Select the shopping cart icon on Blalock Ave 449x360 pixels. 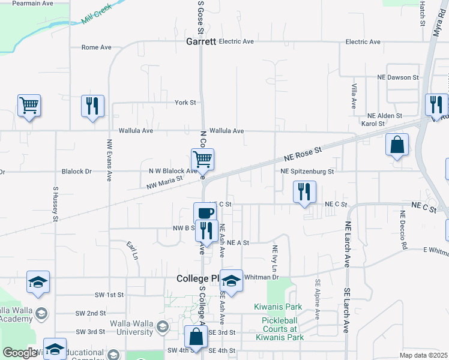point(203,160)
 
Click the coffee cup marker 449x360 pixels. point(205,213)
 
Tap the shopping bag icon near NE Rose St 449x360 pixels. point(397,145)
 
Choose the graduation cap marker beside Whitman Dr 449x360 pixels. point(231,280)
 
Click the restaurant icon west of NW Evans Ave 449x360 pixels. point(92,106)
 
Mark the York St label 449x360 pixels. point(185,103)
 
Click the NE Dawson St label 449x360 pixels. point(397,77)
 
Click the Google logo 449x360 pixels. point(20,353)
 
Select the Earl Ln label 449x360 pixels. point(132,250)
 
